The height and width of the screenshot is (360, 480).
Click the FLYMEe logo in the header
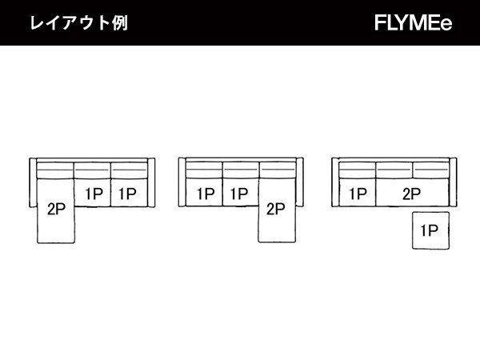pos(413,23)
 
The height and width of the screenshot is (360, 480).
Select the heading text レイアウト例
pos(78,23)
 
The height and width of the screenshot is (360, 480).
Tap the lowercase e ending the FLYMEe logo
pos(446,24)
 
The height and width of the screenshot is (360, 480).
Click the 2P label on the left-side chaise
pos(56,210)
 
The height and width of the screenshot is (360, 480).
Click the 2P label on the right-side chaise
pos(275,210)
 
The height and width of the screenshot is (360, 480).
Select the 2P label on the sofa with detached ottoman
pos(412,193)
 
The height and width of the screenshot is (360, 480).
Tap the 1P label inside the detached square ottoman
pos(430,231)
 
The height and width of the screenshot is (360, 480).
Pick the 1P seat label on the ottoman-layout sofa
pos(358,193)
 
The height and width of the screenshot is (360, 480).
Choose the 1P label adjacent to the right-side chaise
pos(238,193)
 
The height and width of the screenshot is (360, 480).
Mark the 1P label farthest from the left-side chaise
pos(128,193)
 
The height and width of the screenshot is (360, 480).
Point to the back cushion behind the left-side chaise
pos(56,170)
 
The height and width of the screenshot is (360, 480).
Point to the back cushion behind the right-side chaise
pos(276,170)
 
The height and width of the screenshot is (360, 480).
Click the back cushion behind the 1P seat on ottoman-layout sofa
pos(358,170)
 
